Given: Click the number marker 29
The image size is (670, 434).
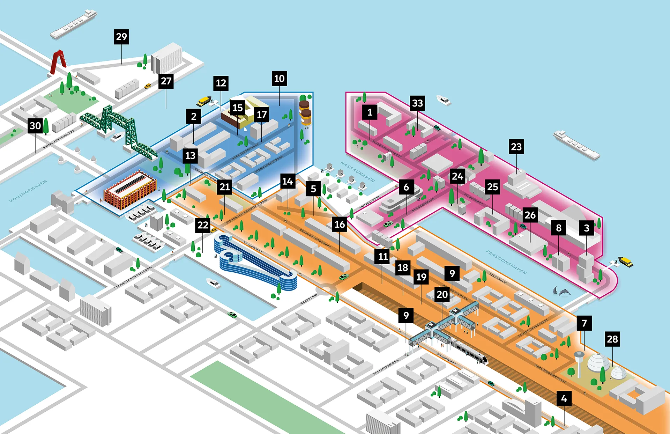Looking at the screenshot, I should (121, 37).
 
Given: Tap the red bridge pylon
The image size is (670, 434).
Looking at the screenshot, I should (59, 62).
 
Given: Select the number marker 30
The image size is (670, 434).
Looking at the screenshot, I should (35, 126).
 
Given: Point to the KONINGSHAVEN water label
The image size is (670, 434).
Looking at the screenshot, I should (28, 191).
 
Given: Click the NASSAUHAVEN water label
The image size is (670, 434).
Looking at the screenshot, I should (357, 171).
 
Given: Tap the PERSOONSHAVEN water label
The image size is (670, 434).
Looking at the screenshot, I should (506, 262).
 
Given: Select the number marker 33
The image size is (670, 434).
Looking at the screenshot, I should (417, 103).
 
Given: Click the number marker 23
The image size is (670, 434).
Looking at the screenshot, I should (516, 147).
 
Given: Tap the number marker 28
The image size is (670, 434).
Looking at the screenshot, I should (612, 339).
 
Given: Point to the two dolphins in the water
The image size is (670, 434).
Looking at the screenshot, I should (561, 291).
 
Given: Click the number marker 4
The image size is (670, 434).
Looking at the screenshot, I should (564, 398).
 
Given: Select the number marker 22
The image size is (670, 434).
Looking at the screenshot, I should (203, 225).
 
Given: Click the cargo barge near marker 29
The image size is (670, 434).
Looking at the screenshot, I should (73, 24).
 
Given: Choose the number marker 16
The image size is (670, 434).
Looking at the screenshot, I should (340, 224).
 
